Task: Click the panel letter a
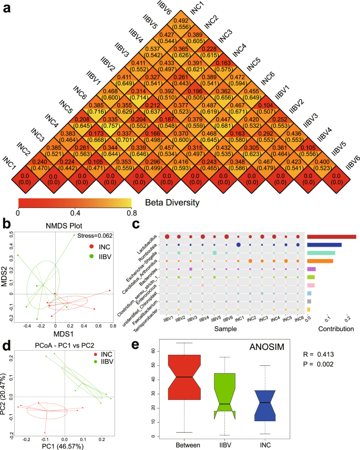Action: [7, 9]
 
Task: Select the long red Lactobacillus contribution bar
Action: [332, 237]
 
